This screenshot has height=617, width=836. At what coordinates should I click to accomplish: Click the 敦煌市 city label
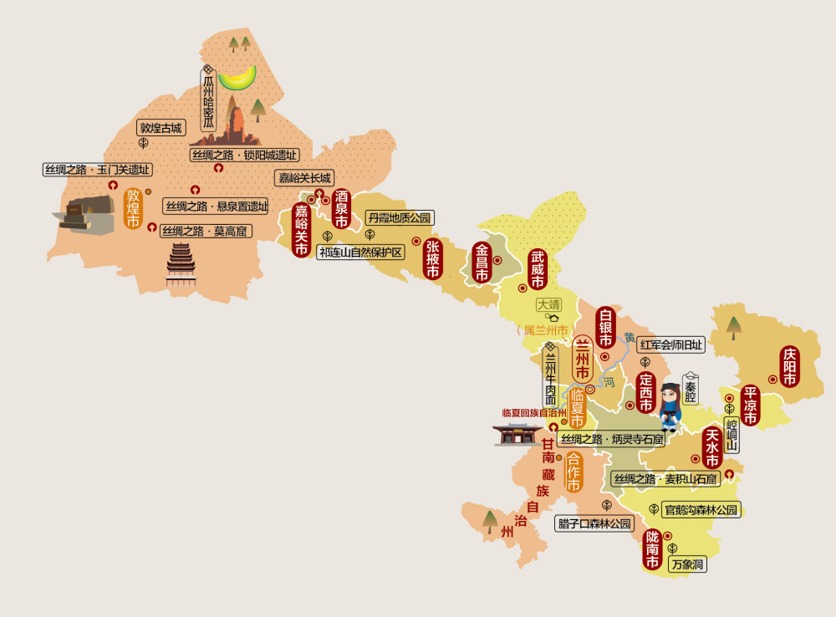click(x=134, y=208)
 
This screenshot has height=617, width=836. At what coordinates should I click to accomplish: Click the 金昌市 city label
click(x=482, y=262)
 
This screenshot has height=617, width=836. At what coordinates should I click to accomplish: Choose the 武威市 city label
click(x=537, y=269)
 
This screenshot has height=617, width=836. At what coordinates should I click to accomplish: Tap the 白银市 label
click(x=605, y=328)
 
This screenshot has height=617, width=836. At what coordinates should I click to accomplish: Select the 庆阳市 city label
click(x=789, y=367)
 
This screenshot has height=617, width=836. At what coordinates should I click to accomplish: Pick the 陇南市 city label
click(x=653, y=549)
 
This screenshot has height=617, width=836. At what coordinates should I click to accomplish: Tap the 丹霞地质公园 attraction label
click(x=400, y=218)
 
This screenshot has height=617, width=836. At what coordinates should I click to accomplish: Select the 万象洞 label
click(x=688, y=565)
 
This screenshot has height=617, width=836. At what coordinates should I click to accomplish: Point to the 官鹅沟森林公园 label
click(x=700, y=509)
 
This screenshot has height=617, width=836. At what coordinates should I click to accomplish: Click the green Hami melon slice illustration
click(x=237, y=78)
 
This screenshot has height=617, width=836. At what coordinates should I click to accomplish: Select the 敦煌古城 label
click(x=161, y=128)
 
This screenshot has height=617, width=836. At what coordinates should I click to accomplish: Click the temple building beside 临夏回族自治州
click(x=518, y=434)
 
